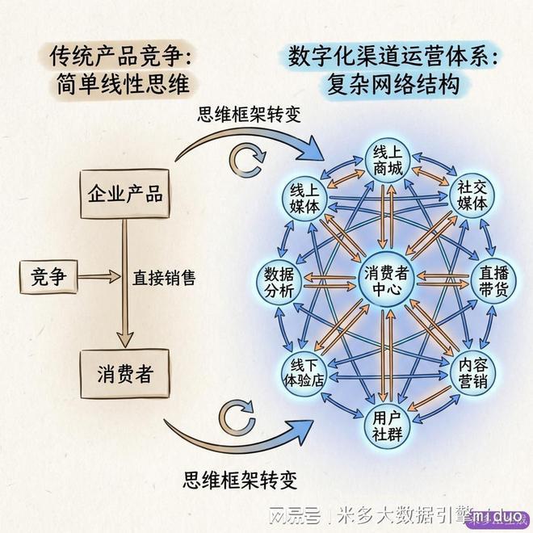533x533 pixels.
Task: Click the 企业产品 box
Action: (124, 194)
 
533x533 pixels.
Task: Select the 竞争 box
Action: (48, 277)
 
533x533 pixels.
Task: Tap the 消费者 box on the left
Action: (124, 374)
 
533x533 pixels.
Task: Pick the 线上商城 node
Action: (388, 161)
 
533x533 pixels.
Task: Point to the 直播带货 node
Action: (493, 281)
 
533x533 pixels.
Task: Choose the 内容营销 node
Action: (472, 373)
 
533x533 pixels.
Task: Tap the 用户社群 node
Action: (387, 426)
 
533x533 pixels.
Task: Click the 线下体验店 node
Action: (304, 373)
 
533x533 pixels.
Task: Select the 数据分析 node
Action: (279, 282)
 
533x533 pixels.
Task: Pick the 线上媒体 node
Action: (304, 199)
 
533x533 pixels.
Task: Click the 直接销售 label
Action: (164, 278)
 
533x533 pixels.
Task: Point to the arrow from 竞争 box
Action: (99, 277)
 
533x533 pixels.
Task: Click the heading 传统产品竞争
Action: (120, 56)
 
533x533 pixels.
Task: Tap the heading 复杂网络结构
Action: (393, 84)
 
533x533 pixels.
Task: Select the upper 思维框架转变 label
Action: (250, 114)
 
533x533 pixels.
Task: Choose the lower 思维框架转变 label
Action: (240, 480)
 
